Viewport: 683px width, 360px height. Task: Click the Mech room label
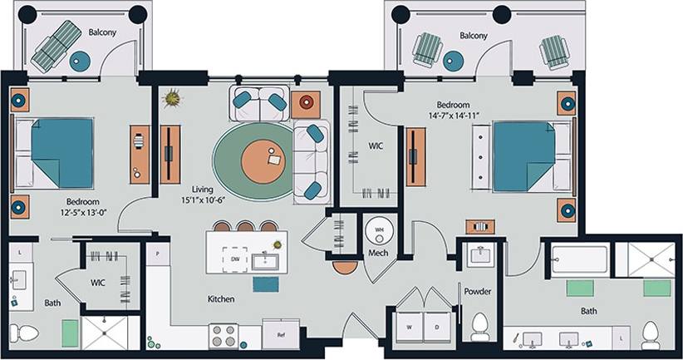[x=378, y=253]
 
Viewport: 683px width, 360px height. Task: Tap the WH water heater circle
[x=378, y=229]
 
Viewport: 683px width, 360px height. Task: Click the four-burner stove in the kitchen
[x=224, y=335]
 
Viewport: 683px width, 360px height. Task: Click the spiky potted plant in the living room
[x=172, y=98]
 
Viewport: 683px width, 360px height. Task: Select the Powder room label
[x=478, y=292]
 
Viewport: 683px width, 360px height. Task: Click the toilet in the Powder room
[x=479, y=326]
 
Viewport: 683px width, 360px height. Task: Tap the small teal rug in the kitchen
[x=266, y=284]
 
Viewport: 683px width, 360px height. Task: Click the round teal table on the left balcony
[x=80, y=60]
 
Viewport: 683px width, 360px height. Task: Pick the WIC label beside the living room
[x=376, y=145]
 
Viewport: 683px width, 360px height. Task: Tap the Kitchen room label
[x=221, y=298]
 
